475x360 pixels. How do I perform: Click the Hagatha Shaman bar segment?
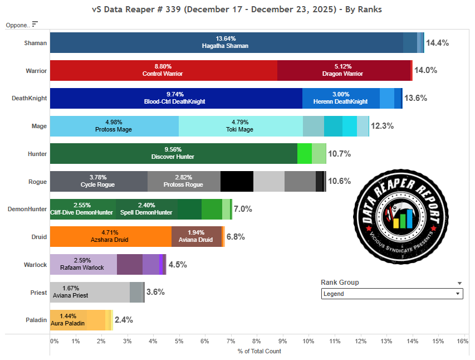point(226,42)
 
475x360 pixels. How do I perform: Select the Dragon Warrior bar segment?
point(344,70)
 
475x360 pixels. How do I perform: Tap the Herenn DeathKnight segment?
point(341,98)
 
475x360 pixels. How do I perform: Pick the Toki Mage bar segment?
point(241,126)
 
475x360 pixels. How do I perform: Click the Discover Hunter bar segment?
point(173,153)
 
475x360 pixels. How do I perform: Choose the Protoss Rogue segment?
point(184,181)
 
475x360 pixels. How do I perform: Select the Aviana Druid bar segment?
point(196,236)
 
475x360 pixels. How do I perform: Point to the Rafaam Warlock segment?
point(83,264)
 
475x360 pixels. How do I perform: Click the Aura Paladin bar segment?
point(68,319)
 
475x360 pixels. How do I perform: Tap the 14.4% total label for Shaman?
point(437,43)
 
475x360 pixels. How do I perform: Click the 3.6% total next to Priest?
point(155,292)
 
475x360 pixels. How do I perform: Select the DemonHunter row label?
point(27,209)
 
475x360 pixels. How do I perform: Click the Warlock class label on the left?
point(35,264)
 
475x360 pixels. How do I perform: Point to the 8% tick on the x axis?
point(257,340)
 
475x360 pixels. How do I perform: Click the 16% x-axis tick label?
point(462,340)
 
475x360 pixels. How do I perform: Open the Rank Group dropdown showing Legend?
point(392,294)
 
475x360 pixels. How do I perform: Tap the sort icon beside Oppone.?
point(35,24)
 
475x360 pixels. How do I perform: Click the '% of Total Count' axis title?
point(259,351)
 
